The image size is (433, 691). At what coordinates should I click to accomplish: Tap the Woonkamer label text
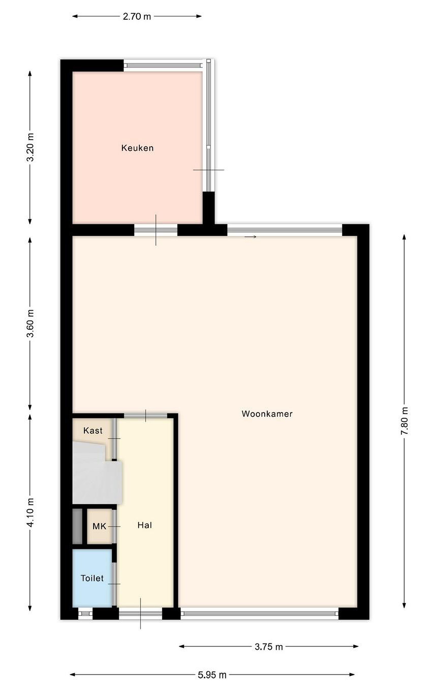tap(267, 414)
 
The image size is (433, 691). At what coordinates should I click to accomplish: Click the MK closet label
tap(99, 526)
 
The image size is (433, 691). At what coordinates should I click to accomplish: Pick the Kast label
tap(93, 430)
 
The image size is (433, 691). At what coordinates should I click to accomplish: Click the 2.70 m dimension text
tap(137, 16)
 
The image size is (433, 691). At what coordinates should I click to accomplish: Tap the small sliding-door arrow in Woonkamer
tap(250, 237)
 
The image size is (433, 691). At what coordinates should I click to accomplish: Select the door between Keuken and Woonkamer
tap(156, 230)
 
